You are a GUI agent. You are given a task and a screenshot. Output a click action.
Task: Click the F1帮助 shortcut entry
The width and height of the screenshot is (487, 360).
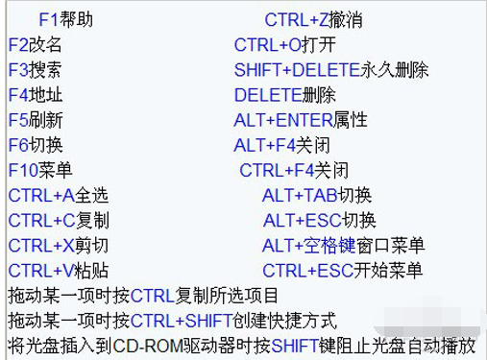[66, 20]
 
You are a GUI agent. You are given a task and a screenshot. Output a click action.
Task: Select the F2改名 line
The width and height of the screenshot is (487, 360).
[36, 45]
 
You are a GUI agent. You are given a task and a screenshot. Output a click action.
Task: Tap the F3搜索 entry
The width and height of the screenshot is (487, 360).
[36, 70]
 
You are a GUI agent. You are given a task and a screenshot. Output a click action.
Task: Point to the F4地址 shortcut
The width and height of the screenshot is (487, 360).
[36, 95]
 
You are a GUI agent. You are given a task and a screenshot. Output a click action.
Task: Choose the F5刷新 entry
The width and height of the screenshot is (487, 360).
[36, 120]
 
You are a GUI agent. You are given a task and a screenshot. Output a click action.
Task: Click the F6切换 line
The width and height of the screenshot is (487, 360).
[36, 145]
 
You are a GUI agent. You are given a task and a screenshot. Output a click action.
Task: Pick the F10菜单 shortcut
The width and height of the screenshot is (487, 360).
[40, 170]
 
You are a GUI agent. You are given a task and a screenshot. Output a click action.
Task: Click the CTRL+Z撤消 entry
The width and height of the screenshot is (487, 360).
[313, 20]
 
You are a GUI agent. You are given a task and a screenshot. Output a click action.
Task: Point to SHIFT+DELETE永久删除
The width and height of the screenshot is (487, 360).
[330, 70]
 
